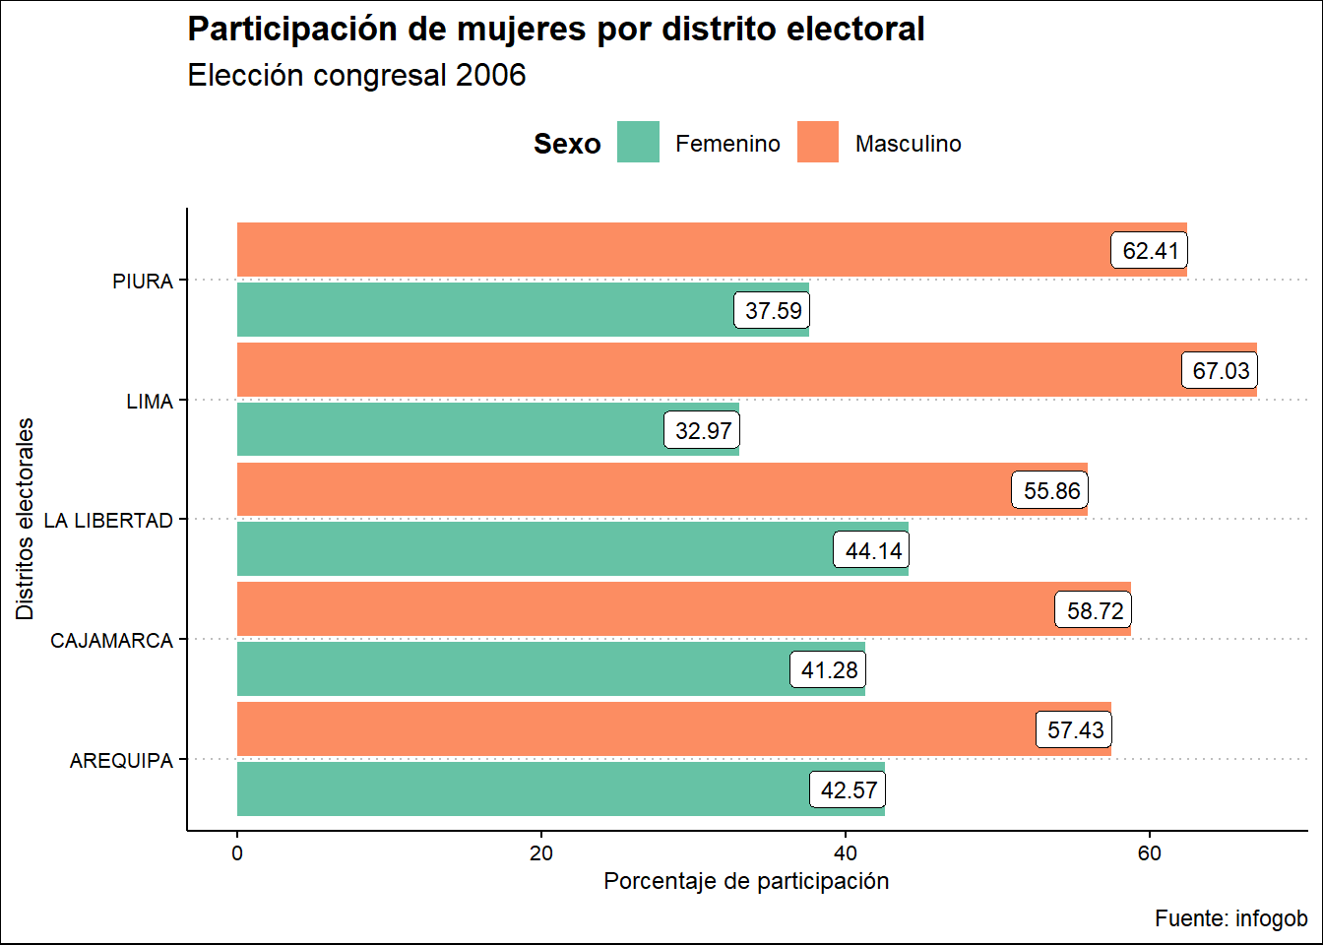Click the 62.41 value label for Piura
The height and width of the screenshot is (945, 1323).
(x=1150, y=251)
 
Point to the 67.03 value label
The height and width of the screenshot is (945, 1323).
(x=1221, y=371)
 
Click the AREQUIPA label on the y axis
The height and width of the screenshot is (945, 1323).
(x=121, y=761)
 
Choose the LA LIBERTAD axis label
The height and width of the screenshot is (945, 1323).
(x=108, y=521)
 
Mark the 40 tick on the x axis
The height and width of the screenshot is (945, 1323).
(x=845, y=853)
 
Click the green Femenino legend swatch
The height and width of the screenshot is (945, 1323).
(x=638, y=142)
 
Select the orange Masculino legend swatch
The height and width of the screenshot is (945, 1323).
(x=817, y=142)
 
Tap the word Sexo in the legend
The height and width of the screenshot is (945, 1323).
(x=567, y=144)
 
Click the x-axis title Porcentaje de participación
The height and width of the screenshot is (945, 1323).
(x=746, y=881)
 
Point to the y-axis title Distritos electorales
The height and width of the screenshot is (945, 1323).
(x=25, y=519)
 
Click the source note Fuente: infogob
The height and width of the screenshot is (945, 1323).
(x=1230, y=918)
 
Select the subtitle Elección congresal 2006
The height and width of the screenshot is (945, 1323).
(x=356, y=75)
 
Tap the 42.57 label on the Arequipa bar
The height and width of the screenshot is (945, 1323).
(x=849, y=789)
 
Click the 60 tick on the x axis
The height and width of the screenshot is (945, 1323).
(x=1149, y=853)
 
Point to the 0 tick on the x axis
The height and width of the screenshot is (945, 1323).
(x=237, y=853)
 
